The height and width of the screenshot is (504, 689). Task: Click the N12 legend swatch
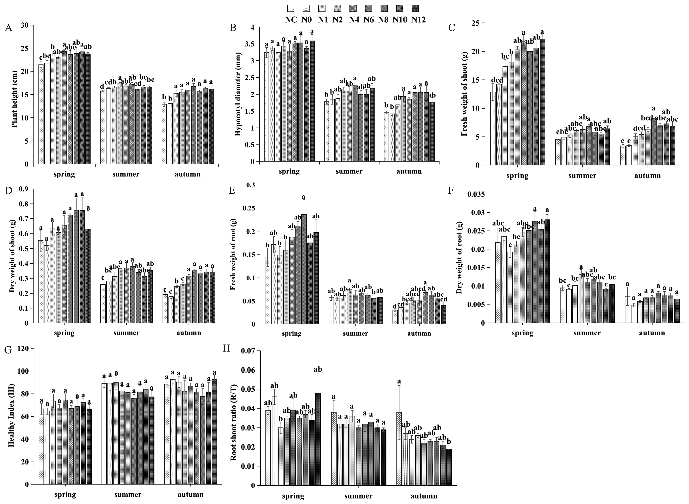(x=415, y=8)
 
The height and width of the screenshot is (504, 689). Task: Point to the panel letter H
(x=226, y=348)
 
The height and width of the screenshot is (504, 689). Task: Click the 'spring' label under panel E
(x=292, y=333)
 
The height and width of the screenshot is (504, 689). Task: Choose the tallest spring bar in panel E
(x=304, y=268)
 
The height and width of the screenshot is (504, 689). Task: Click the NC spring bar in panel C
(x=493, y=128)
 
